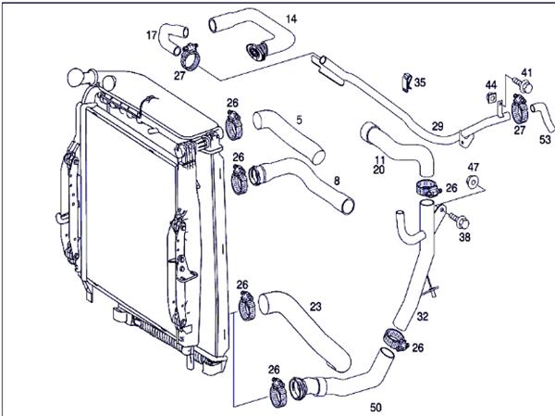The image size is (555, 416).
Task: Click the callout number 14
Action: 291,19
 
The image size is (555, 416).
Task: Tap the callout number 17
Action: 152,35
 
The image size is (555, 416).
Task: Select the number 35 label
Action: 420,82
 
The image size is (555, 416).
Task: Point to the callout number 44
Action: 491,85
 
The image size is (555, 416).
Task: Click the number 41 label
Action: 526,73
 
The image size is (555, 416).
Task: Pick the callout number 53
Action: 545,139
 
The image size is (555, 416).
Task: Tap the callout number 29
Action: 438,126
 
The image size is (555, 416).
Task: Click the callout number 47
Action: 474,167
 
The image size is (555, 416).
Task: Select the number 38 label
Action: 464,237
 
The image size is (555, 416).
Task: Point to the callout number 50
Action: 376,408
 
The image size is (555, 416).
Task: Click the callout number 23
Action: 315,307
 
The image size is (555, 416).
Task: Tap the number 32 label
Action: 423,316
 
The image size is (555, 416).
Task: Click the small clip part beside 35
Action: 407,82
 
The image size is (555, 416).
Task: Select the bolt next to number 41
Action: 524,85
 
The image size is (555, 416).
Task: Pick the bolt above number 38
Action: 459,221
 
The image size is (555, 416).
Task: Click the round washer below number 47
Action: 473,182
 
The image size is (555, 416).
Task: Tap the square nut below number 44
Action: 492,97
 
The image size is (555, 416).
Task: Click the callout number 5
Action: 300,120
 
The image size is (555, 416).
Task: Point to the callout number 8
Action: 337,182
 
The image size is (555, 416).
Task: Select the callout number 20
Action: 378,170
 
